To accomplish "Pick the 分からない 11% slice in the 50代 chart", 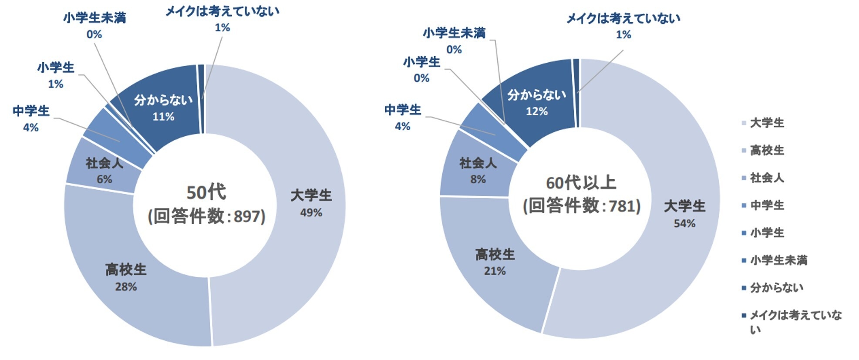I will [163, 108].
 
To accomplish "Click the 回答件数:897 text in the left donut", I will [206, 216].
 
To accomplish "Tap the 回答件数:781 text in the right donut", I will [582, 205].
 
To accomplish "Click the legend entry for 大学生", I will [767, 123].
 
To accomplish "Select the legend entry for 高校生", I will [767, 150].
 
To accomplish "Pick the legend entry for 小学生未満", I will [778, 260].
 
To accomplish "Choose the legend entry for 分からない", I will [776, 288].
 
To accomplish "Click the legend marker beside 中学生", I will [744, 205].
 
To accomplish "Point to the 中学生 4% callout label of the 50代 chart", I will [31, 118].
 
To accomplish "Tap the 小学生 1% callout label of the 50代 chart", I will [56, 75].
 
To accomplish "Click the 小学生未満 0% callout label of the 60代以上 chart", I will [454, 41].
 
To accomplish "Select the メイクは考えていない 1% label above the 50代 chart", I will [222, 19].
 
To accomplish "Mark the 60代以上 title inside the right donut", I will [581, 183].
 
